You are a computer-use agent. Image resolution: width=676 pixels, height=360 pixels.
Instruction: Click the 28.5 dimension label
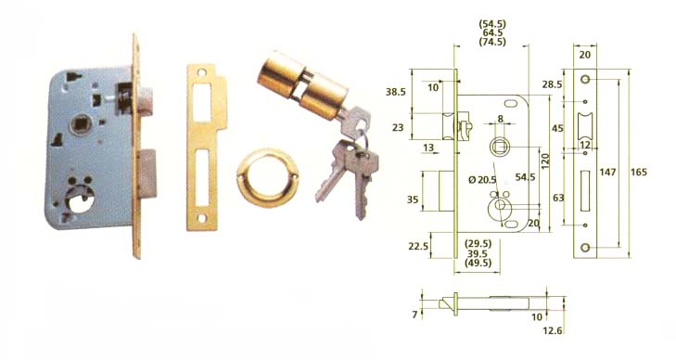click(x=553, y=84)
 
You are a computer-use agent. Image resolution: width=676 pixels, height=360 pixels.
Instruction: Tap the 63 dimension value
click(x=556, y=198)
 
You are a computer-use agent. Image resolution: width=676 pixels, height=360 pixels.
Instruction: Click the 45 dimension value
click(x=557, y=126)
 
